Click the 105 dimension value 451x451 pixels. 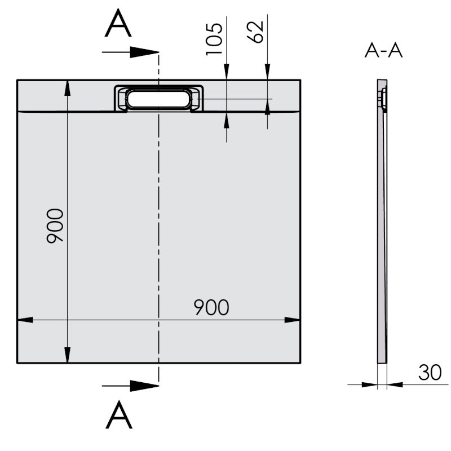[x=214, y=39]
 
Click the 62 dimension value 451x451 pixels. [x=255, y=32]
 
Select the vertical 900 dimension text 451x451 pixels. [x=55, y=226]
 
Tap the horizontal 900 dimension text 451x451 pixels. [x=211, y=307]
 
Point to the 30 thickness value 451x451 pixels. [x=430, y=373]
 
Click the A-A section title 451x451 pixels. [x=383, y=51]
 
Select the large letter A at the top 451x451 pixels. [x=118, y=23]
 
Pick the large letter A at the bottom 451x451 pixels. [x=119, y=415]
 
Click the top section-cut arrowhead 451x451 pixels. [x=144, y=52]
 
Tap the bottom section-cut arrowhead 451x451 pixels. [x=144, y=386]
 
